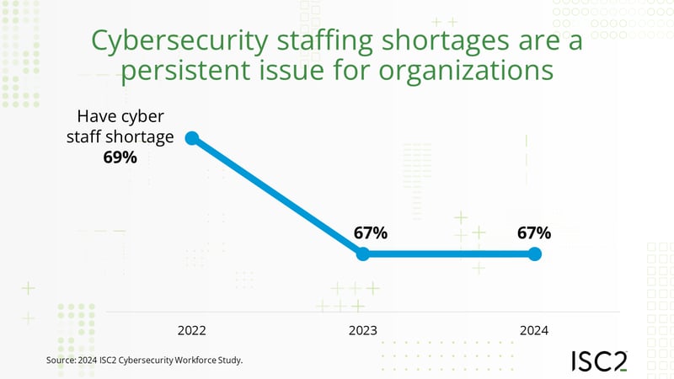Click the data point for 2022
(191, 138)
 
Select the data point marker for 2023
(362, 254)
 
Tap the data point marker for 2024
(534, 254)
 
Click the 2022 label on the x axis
(191, 330)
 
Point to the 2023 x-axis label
(363, 330)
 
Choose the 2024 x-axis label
(534, 330)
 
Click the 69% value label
(120, 157)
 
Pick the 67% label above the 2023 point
(370, 232)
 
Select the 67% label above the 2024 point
(534, 232)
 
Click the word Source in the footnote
(63, 360)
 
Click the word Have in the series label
(96, 118)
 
